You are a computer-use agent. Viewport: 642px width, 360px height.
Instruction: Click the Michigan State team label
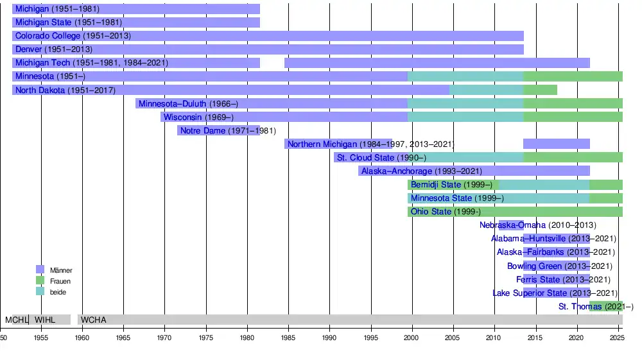coord(43,22)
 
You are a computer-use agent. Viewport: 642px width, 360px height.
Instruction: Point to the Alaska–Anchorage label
coord(397,171)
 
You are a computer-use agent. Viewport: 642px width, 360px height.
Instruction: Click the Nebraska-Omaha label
coord(512,225)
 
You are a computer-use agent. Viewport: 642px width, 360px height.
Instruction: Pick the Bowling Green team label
coord(534,266)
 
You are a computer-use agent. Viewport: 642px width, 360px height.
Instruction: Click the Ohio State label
coord(431,212)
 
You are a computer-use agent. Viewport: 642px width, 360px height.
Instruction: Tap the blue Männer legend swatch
coord(40,270)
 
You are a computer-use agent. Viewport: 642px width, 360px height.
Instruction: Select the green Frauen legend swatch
coord(40,280)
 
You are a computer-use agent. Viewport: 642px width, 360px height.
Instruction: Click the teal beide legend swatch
coord(40,291)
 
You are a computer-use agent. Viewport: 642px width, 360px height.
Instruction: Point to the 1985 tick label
coord(288,336)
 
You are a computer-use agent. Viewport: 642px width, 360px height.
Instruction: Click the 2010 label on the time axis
coord(494,336)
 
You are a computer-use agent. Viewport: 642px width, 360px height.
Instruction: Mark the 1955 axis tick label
coord(41,336)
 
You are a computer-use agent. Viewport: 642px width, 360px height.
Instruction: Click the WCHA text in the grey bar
coord(94,320)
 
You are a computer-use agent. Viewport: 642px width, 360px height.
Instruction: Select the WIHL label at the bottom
coord(45,320)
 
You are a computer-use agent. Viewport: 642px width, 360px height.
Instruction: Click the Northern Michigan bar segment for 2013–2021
coord(556,144)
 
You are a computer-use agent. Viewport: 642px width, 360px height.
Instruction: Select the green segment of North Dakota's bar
coord(540,90)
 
